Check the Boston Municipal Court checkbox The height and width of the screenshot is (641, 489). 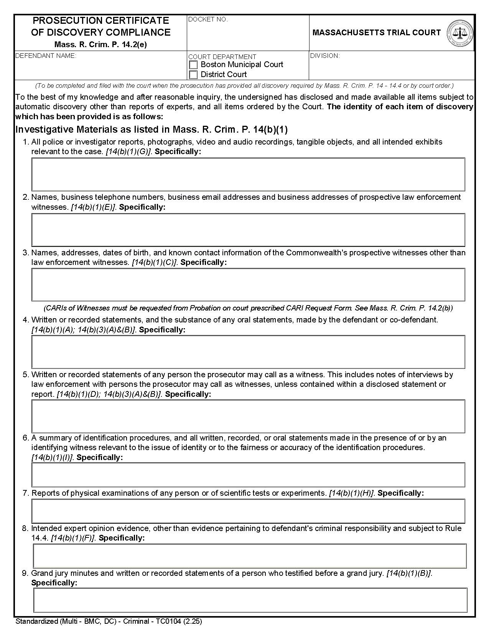tap(194, 65)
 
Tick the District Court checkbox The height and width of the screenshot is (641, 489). tap(194, 75)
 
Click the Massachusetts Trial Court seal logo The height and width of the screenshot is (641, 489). tap(460, 33)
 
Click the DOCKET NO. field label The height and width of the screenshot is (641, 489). tap(208, 20)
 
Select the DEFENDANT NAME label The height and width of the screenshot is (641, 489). tap(46, 56)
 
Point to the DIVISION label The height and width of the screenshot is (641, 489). tap(325, 56)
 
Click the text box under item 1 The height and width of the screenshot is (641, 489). tap(248, 174)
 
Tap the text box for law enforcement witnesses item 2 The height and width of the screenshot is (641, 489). tap(248, 230)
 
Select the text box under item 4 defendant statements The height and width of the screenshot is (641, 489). tap(248, 352)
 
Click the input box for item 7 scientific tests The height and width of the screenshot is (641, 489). tap(248, 511)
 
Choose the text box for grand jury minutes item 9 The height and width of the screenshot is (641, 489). tap(250, 600)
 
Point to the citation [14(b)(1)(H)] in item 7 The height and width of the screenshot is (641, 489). tap(351, 493)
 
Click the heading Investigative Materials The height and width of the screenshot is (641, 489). tap(151, 129)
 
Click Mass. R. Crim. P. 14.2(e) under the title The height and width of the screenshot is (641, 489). tap(100, 44)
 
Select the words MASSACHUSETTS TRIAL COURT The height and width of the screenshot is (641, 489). tap(377, 33)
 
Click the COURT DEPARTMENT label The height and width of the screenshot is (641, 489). tap(222, 57)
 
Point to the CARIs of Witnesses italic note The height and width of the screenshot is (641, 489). tap(248, 308)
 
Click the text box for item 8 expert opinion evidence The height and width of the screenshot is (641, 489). tap(250, 556)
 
